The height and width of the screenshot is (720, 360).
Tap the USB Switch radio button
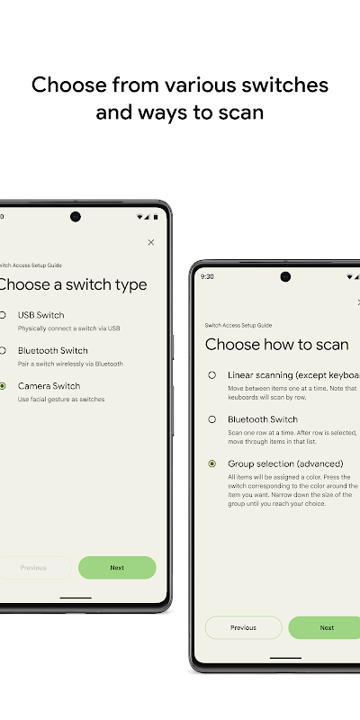[x=4, y=315]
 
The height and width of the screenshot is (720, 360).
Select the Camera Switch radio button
[x=4, y=385]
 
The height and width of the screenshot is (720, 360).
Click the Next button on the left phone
[x=117, y=568]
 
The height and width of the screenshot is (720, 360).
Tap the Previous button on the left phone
[x=34, y=568]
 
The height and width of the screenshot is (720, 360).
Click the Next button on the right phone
[x=326, y=627]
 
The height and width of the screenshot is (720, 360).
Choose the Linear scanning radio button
[x=211, y=374]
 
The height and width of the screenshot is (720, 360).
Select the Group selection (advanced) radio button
[x=211, y=463]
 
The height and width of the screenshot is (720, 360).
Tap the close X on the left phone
[x=150, y=242]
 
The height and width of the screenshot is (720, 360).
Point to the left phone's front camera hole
[x=76, y=217]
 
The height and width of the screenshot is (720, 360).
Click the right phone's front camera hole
[x=285, y=276]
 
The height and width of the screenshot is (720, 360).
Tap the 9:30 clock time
[x=207, y=276]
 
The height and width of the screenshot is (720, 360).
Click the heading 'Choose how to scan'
[x=276, y=345]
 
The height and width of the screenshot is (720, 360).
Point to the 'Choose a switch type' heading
[x=72, y=284]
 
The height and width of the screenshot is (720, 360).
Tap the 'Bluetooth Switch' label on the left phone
[x=53, y=350]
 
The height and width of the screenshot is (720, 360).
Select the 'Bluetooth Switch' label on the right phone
[x=262, y=419]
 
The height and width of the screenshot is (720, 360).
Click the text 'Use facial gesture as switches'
[x=61, y=399]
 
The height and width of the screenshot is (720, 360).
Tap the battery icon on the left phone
[x=156, y=217]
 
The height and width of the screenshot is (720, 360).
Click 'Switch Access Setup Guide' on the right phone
[x=238, y=325]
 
